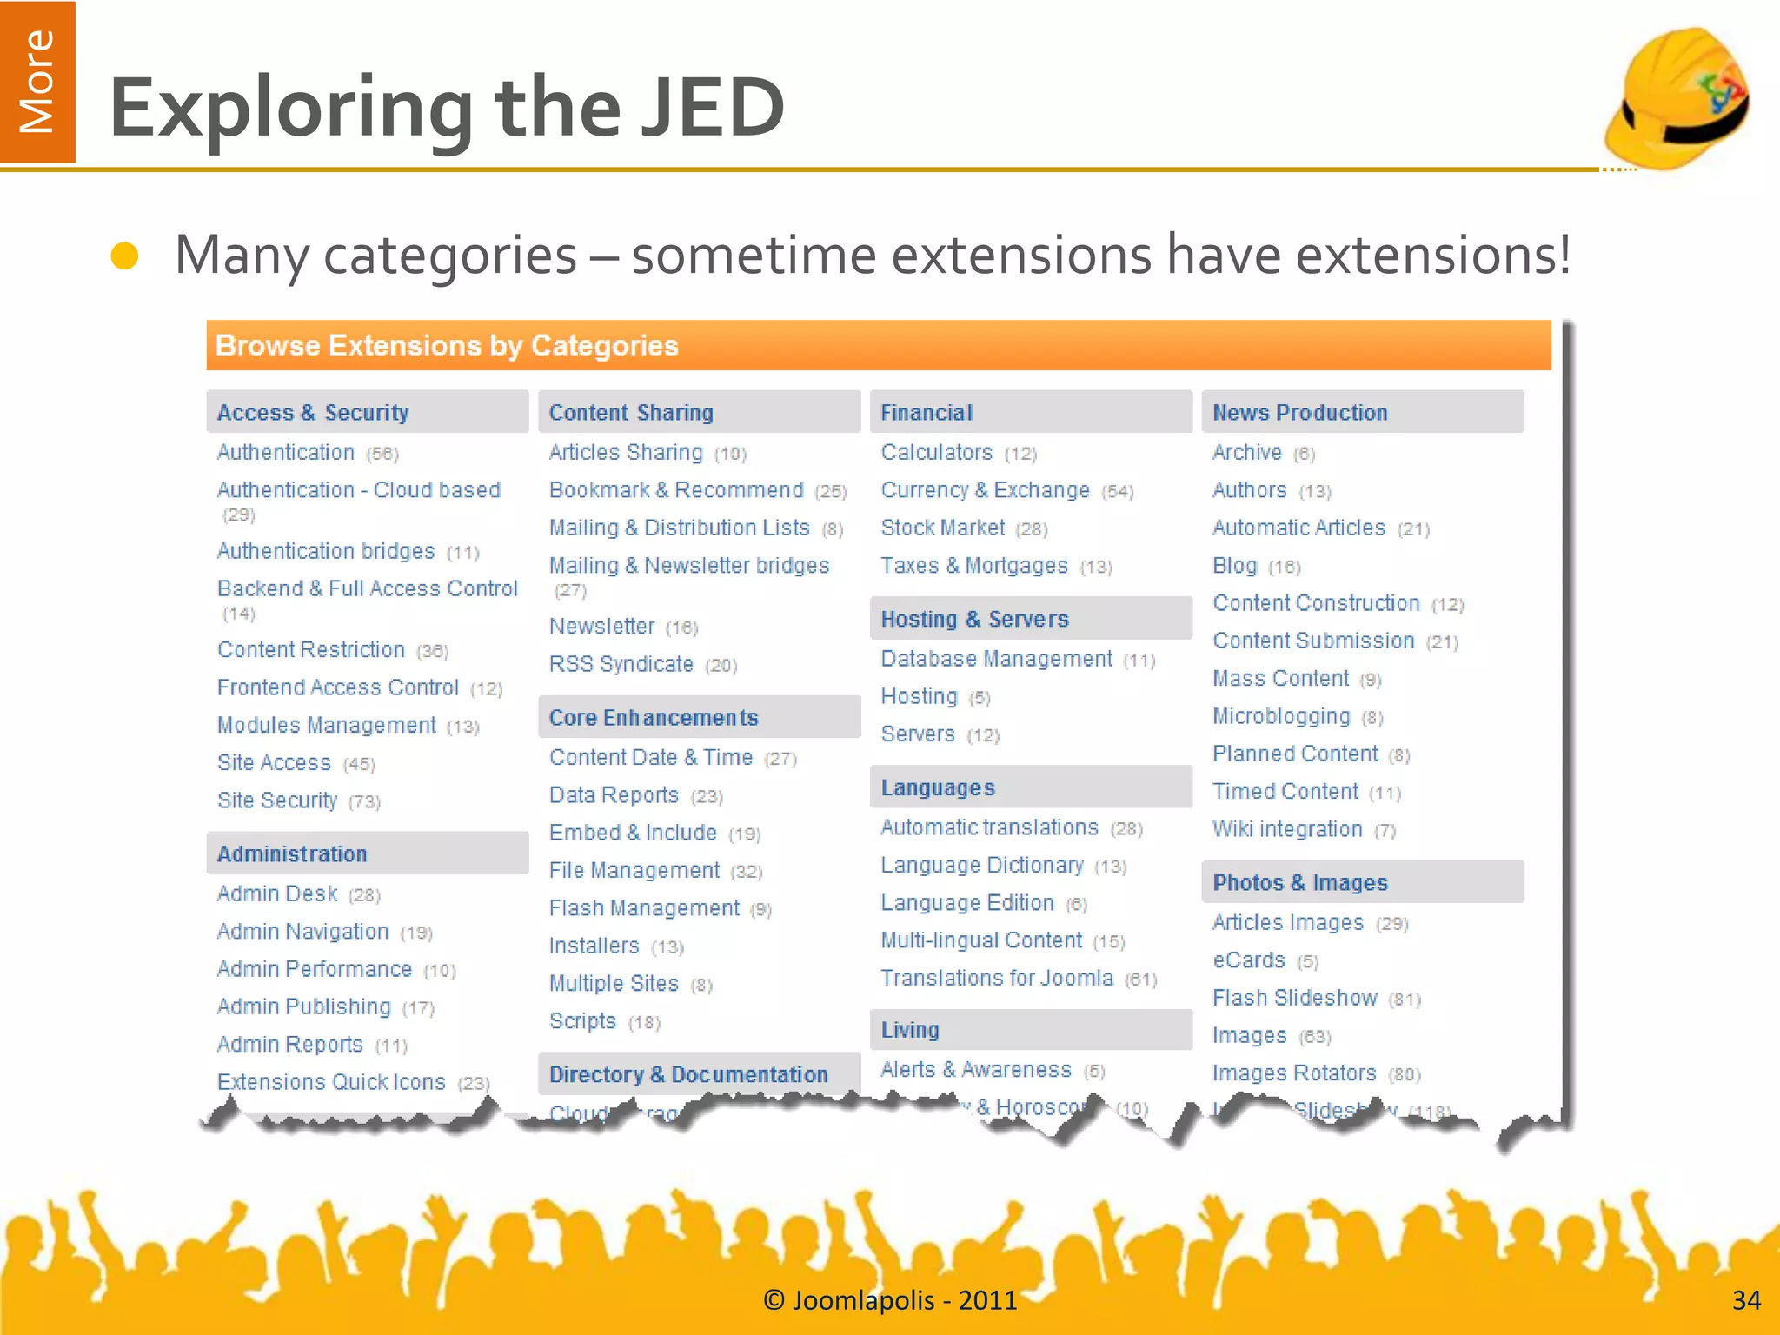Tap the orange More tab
[x=37, y=82]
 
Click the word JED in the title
[x=713, y=108]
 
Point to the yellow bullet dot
[x=125, y=256]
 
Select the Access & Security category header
[x=313, y=413]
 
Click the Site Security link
[x=277, y=800]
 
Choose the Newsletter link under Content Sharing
[x=601, y=627]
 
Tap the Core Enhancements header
[x=654, y=718]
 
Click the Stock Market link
[x=942, y=528]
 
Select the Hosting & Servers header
[x=974, y=620]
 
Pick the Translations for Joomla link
[x=996, y=979]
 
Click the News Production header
[x=1299, y=413]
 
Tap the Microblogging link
[x=1281, y=717]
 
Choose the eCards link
[x=1248, y=960]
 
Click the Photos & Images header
[x=1299, y=883]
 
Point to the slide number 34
[x=1746, y=1300]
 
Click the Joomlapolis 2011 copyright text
[x=890, y=1300]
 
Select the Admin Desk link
[x=277, y=894]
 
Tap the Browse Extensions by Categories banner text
[x=447, y=346]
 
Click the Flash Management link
[x=644, y=908]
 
